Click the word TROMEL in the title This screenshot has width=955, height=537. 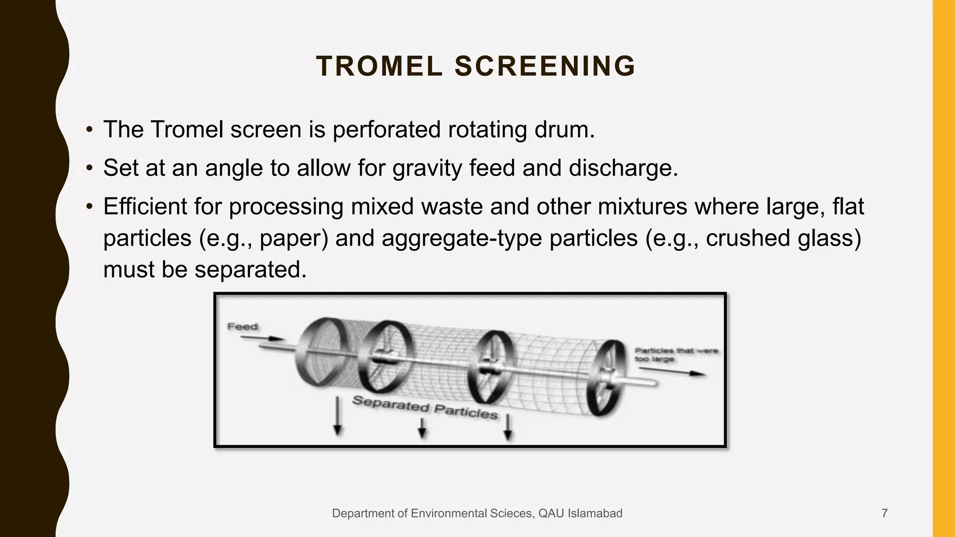(379, 66)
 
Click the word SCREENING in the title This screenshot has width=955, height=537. (545, 66)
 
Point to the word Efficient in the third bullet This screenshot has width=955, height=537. (145, 206)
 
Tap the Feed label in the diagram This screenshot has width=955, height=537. (242, 327)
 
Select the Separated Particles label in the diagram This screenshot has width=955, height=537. (424, 407)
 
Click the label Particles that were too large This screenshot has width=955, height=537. (676, 355)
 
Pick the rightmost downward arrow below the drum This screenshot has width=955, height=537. (508, 427)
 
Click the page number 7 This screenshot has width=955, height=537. (884, 513)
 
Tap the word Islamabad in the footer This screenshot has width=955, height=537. (599, 513)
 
